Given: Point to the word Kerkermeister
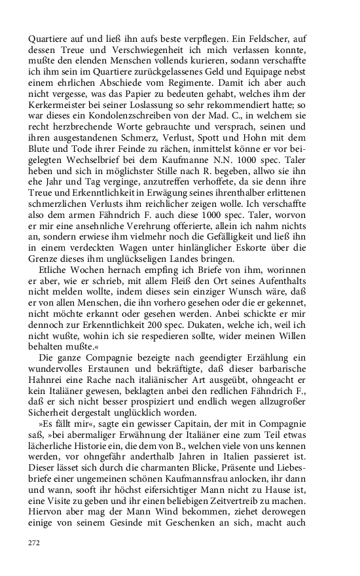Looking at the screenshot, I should point(56,109).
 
